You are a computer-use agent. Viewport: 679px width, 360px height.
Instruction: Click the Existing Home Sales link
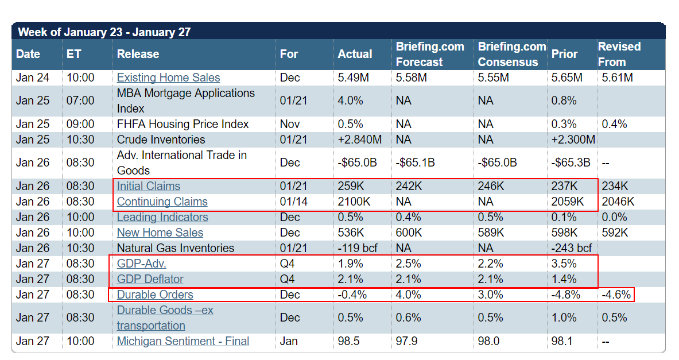click(x=168, y=78)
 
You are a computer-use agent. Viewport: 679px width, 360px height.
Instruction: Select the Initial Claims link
click(x=148, y=186)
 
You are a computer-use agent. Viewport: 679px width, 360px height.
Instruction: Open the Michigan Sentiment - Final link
click(x=183, y=341)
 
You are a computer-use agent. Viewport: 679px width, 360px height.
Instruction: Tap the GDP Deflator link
click(x=150, y=279)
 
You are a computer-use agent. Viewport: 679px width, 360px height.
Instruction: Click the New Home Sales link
click(x=160, y=233)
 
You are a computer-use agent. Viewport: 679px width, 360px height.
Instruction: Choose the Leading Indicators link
click(x=162, y=217)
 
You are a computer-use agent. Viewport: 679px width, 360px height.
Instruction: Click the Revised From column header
click(x=619, y=54)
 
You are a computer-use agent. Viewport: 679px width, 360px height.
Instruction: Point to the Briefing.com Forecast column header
click(x=430, y=54)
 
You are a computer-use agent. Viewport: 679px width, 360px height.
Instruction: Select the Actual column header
click(x=355, y=54)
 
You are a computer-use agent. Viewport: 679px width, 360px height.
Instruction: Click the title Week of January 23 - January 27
click(x=104, y=32)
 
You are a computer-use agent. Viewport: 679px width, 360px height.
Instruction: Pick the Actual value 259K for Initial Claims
click(x=351, y=186)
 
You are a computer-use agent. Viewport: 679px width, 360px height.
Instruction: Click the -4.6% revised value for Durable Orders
click(x=616, y=295)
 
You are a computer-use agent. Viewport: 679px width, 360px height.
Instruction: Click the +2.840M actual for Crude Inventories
click(x=360, y=140)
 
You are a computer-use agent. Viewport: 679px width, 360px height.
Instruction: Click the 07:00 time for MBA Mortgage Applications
click(x=80, y=100)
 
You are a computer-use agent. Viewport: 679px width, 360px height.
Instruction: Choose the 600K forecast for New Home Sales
click(x=409, y=233)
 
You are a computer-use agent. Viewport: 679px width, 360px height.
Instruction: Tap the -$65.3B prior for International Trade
click(x=571, y=162)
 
